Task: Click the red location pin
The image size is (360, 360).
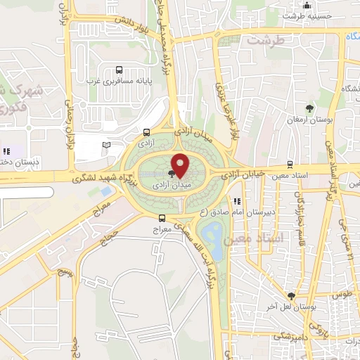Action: [180, 165]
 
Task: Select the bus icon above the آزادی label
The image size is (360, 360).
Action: [146, 132]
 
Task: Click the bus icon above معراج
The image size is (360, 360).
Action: [162, 218]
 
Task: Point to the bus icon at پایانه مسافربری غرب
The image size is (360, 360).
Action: [118, 70]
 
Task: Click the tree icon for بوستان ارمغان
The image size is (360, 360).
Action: [310, 108]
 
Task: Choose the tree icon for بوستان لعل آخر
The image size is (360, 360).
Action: [291, 296]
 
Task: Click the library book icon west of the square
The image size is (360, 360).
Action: [106, 145]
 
